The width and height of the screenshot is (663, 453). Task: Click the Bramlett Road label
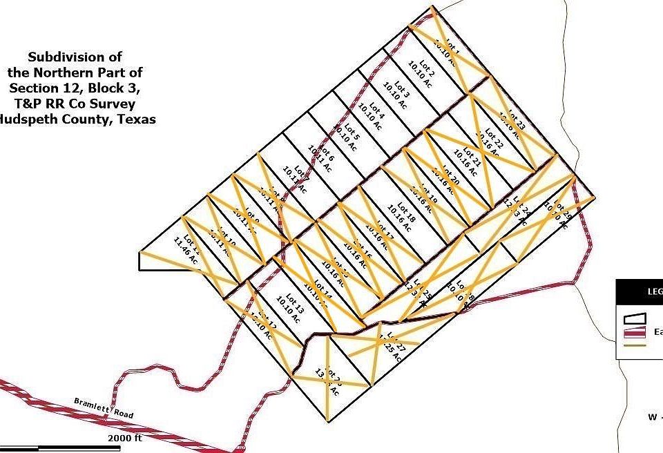(x=103, y=409)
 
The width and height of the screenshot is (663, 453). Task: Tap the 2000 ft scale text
(x=125, y=438)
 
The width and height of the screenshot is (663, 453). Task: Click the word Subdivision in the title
(x=75, y=57)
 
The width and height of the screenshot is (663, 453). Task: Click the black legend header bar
(x=640, y=291)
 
